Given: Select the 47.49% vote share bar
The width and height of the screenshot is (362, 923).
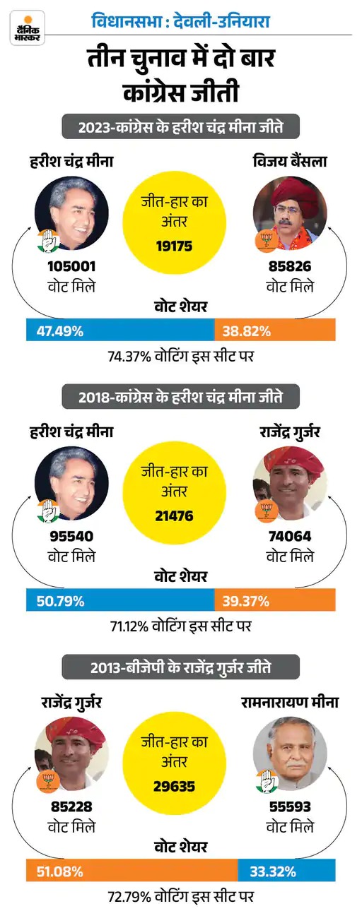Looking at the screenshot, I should coord(120,331).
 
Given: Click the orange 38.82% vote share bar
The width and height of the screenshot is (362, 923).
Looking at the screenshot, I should coord(275,331).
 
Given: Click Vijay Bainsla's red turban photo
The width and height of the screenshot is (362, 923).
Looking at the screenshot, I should coord(290,213).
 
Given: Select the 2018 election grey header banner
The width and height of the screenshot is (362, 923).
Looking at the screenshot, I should coord(180,397).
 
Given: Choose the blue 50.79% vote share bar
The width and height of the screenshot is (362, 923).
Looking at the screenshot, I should coord(120,601).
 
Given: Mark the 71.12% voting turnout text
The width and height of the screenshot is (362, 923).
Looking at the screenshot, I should coord(180,626).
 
